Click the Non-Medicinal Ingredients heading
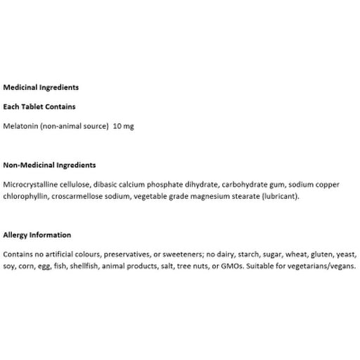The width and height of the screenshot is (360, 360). click(49, 165)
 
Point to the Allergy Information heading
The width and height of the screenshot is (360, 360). click(37, 234)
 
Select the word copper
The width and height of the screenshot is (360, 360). click(341, 184)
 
